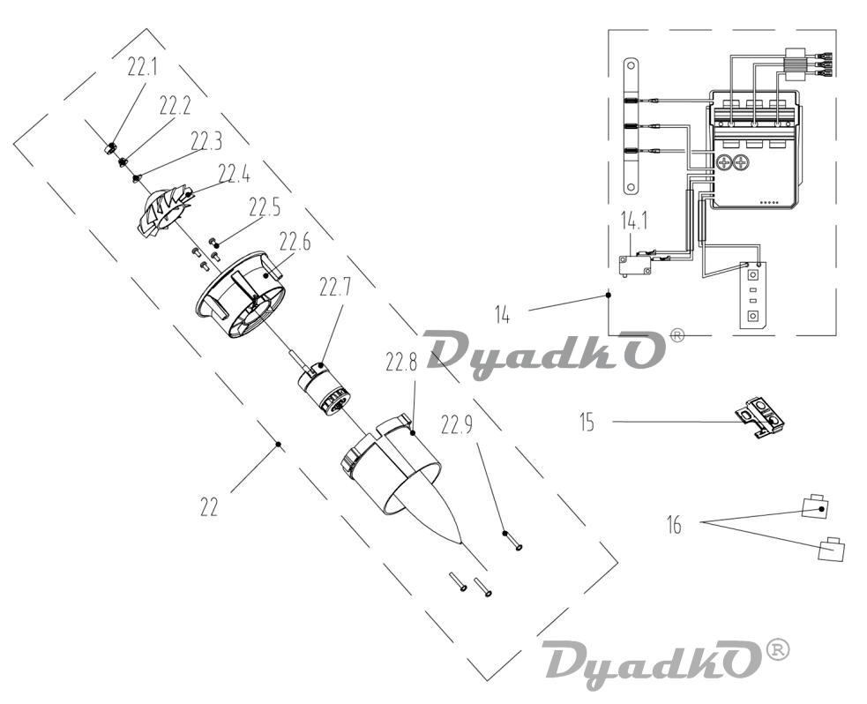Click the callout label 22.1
[142, 67]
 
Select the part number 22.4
[234, 174]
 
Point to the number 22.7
[335, 287]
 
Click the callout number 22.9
[456, 424]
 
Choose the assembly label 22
[209, 506]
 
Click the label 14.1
[633, 221]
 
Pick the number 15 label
[587, 422]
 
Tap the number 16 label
[674, 524]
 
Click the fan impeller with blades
[164, 213]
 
